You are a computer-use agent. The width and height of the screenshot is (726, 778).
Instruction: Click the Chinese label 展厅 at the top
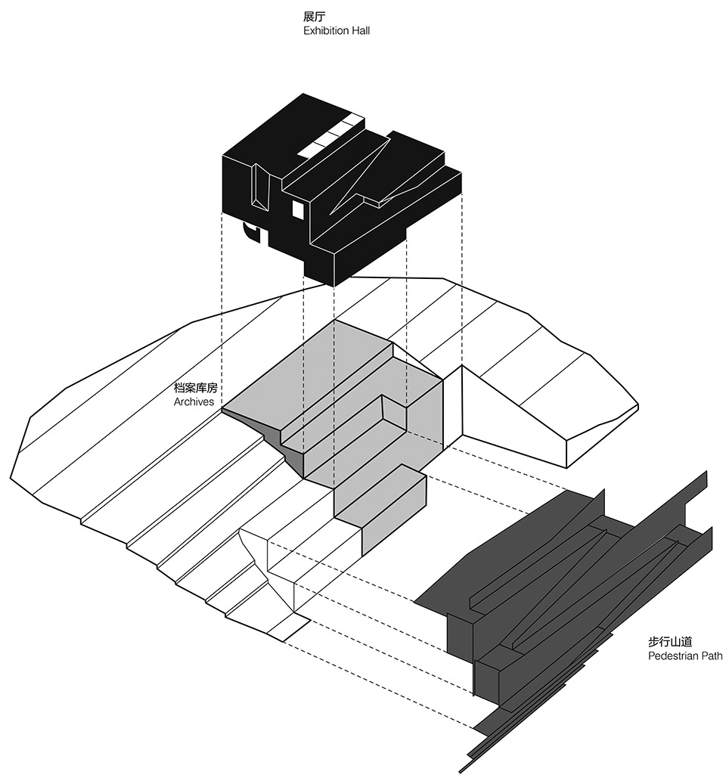pos(314,17)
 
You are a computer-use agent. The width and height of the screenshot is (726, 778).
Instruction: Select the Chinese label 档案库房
pos(196,388)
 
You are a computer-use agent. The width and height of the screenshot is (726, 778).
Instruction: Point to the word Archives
pos(194,402)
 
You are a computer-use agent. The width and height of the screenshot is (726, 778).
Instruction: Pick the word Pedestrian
pos(671,656)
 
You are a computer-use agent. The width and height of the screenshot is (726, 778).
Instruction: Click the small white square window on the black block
pos(298,209)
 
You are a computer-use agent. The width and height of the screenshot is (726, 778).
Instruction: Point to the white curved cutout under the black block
pos(251,233)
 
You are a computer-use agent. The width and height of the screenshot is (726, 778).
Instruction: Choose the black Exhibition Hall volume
pos(341,188)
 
